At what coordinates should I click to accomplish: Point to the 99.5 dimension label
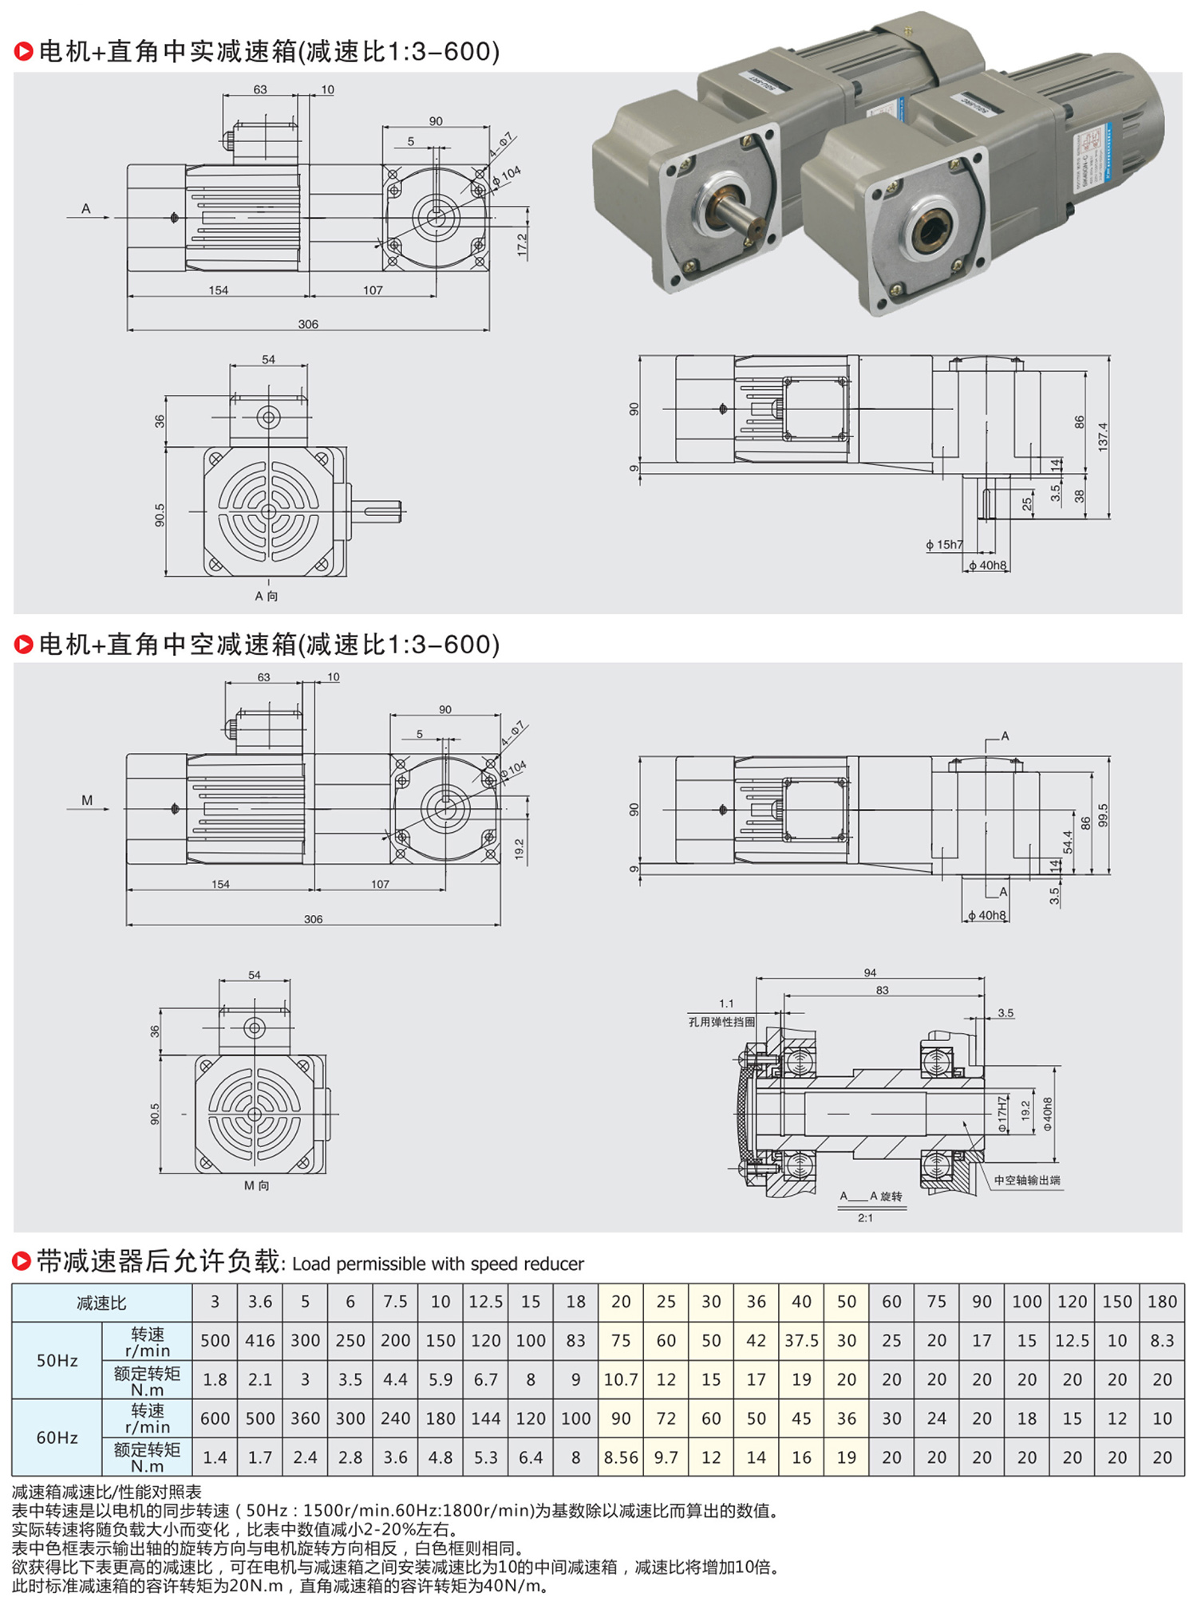point(1103,814)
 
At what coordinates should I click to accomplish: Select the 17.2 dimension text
point(522,244)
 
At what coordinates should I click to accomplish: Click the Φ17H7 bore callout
point(1002,1114)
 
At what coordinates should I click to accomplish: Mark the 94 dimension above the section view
point(870,972)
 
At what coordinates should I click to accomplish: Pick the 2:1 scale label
point(865,1218)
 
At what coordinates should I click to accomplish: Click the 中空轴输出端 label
point(1027,1181)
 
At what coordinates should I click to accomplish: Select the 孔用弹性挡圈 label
point(721,1022)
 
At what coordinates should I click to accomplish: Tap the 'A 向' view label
point(267,596)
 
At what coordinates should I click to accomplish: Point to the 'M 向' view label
point(257,1186)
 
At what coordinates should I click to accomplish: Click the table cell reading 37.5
point(801,1340)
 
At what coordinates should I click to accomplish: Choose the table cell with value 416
point(260,1340)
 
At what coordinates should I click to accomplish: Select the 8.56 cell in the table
point(621,1457)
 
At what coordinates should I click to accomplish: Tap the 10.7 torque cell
point(621,1379)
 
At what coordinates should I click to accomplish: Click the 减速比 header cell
point(101,1303)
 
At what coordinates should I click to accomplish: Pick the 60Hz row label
point(57,1437)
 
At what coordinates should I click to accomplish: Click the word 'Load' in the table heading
point(310,1264)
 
